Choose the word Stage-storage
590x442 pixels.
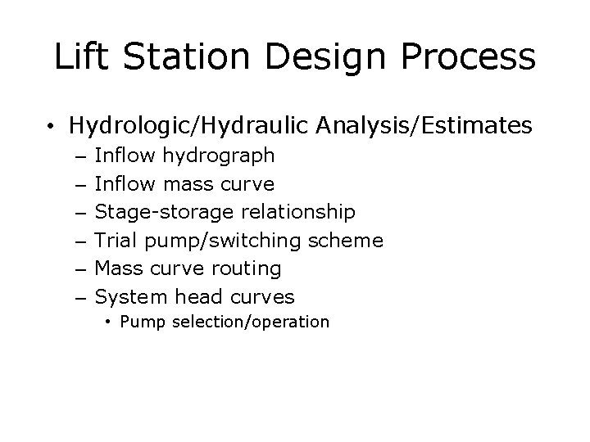point(164,212)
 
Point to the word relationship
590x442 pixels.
point(297,212)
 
